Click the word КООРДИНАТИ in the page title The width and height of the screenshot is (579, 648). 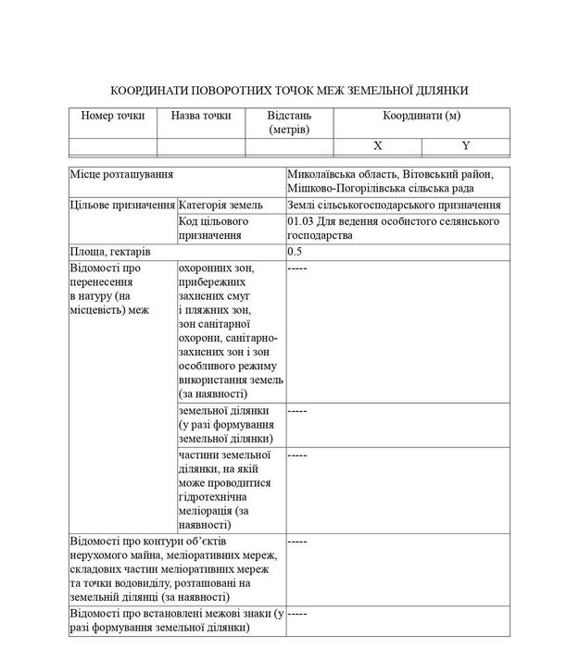149,91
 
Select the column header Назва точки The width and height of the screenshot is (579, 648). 201,116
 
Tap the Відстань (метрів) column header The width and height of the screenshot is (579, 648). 289,122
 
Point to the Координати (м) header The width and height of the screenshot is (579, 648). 422,116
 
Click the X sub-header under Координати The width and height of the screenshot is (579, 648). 377,146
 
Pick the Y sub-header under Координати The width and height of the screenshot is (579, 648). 466,146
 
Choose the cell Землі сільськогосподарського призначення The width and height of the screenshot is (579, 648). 395,205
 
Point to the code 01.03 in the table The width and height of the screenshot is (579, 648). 302,222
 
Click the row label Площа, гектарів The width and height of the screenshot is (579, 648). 110,252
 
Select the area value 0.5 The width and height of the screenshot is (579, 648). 296,252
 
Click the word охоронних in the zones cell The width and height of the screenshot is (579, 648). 207,268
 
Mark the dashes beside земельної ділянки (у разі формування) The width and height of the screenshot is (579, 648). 297,409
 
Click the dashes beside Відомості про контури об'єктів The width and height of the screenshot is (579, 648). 297,540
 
